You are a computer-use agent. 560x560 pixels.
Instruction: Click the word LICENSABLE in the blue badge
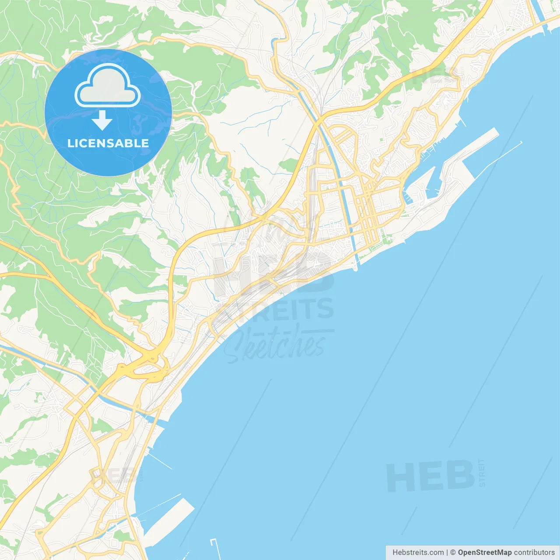(x=108, y=143)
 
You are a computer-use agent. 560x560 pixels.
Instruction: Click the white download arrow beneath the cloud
(x=102, y=120)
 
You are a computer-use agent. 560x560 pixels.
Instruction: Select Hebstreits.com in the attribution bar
(x=418, y=552)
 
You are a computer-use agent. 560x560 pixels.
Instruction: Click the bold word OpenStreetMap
(x=484, y=552)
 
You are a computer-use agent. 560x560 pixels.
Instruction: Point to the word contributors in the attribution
(x=534, y=552)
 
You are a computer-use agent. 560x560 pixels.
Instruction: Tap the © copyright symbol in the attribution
(x=453, y=552)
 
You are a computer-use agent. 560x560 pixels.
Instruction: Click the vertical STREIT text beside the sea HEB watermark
(x=482, y=472)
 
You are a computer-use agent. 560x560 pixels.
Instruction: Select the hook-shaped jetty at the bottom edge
(x=214, y=547)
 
